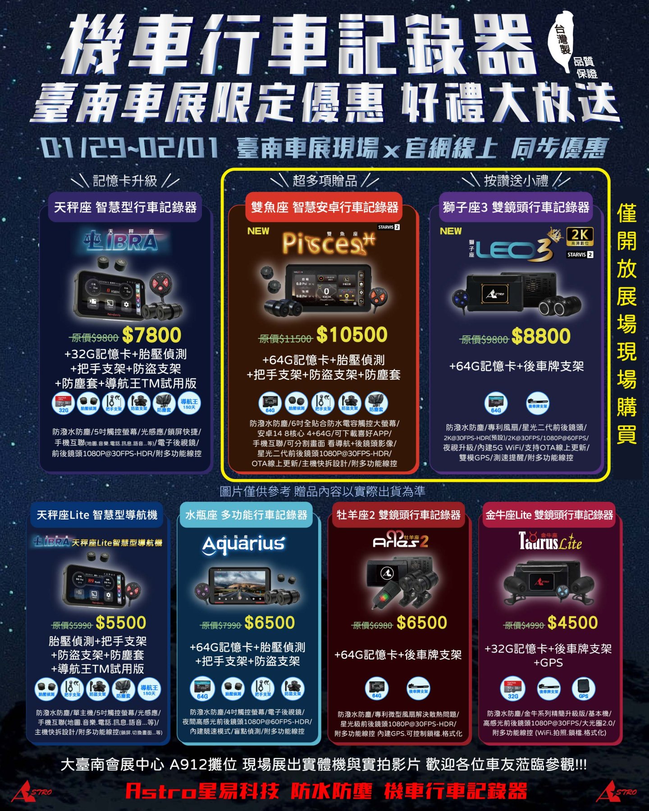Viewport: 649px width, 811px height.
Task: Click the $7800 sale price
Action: tap(151, 335)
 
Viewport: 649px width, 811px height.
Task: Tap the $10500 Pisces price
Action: tap(352, 335)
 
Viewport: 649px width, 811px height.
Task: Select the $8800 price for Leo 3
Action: tap(541, 336)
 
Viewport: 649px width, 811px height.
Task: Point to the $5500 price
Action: tap(121, 623)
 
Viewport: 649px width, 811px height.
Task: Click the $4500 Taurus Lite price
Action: tap(572, 623)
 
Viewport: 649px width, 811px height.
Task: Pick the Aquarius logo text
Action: tap(244, 544)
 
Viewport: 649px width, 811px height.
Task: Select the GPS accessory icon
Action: tap(584, 688)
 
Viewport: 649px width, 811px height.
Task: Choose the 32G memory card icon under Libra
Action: tap(64, 403)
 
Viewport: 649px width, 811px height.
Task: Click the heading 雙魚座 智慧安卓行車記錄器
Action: tap(324, 207)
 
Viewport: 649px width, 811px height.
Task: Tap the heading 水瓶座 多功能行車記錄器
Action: tap(246, 515)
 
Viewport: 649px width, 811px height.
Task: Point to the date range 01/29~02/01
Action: tap(130, 148)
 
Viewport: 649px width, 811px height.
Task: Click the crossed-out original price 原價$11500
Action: tap(286, 339)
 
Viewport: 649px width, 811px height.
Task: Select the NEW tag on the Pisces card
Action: tap(258, 231)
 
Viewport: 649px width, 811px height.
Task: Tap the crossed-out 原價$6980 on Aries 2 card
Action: tap(372, 625)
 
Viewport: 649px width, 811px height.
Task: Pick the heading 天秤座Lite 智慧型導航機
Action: tap(97, 515)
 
